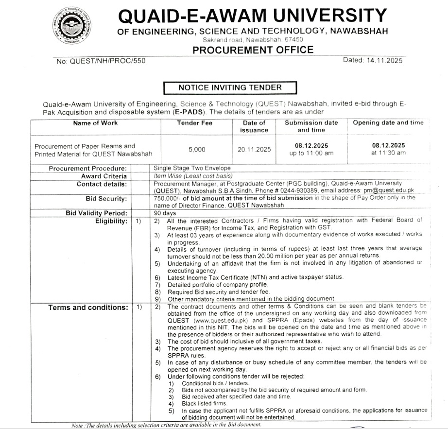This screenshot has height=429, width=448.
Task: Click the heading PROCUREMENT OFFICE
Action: tap(253, 50)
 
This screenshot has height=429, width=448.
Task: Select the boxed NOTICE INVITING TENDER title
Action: tap(230, 87)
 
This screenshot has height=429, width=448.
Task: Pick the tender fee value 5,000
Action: tap(197, 150)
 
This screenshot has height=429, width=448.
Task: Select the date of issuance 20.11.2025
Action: tap(254, 150)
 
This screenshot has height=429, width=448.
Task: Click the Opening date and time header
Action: tap(388, 122)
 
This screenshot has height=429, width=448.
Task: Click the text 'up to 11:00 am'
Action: tap(311, 153)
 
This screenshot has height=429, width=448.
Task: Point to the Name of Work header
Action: tap(95, 123)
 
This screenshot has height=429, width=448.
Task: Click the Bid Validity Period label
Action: tap(97, 213)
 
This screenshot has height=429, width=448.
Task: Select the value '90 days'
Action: tap(164, 213)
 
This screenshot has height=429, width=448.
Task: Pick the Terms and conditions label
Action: tap(88, 307)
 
